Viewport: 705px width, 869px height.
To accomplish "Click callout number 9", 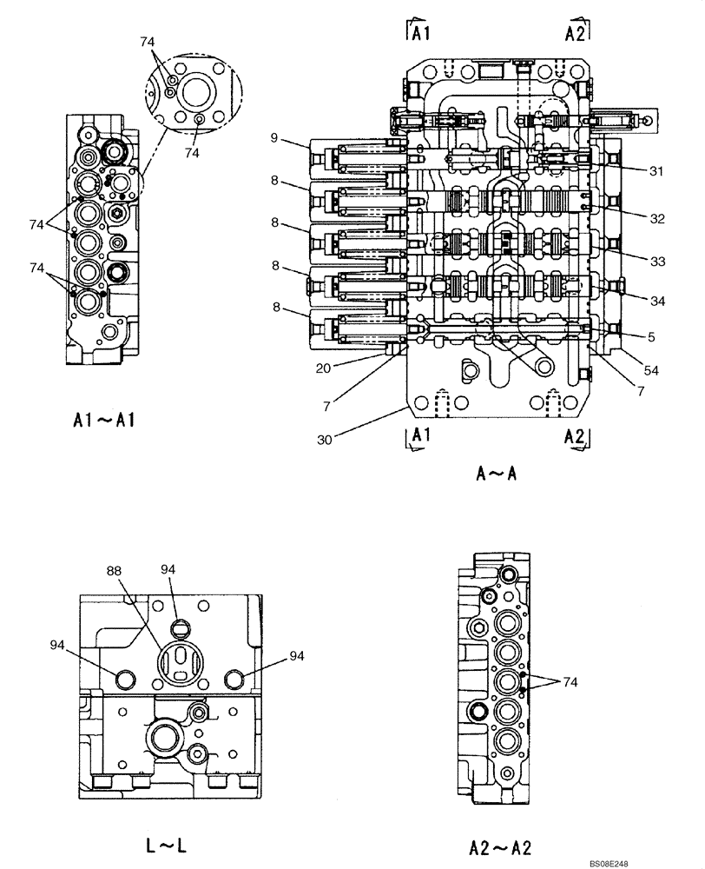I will click(273, 137).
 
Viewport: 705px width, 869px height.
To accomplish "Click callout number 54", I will click(650, 370).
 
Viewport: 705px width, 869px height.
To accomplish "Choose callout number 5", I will click(650, 336).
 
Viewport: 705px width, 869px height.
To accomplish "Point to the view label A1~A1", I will click(103, 421).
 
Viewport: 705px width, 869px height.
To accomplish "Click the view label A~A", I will click(497, 474).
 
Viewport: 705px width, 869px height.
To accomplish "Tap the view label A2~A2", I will click(501, 847).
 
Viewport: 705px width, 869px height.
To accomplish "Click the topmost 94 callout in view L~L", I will click(168, 568).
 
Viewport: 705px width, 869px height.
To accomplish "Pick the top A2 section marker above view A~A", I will click(575, 33).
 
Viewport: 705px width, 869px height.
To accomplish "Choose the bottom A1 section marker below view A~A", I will click(419, 436).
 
